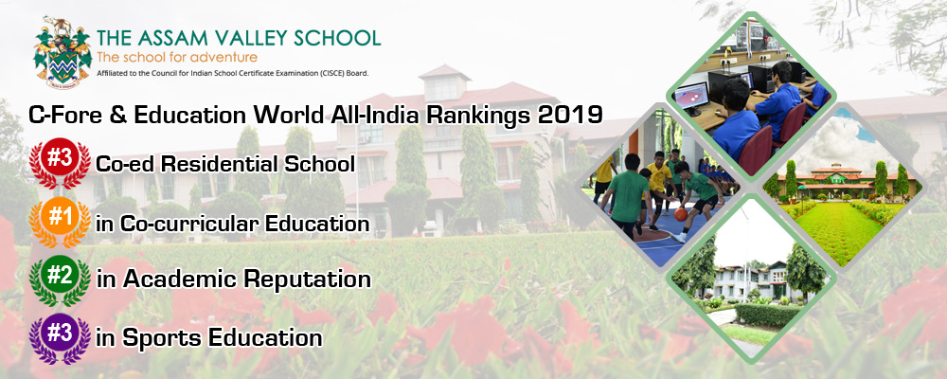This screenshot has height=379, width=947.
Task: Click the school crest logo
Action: [x=63, y=53]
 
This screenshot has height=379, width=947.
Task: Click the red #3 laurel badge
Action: [x=60, y=162]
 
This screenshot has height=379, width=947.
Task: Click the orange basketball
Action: [x=681, y=214]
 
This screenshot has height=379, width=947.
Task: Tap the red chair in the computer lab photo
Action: [x=755, y=148]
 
